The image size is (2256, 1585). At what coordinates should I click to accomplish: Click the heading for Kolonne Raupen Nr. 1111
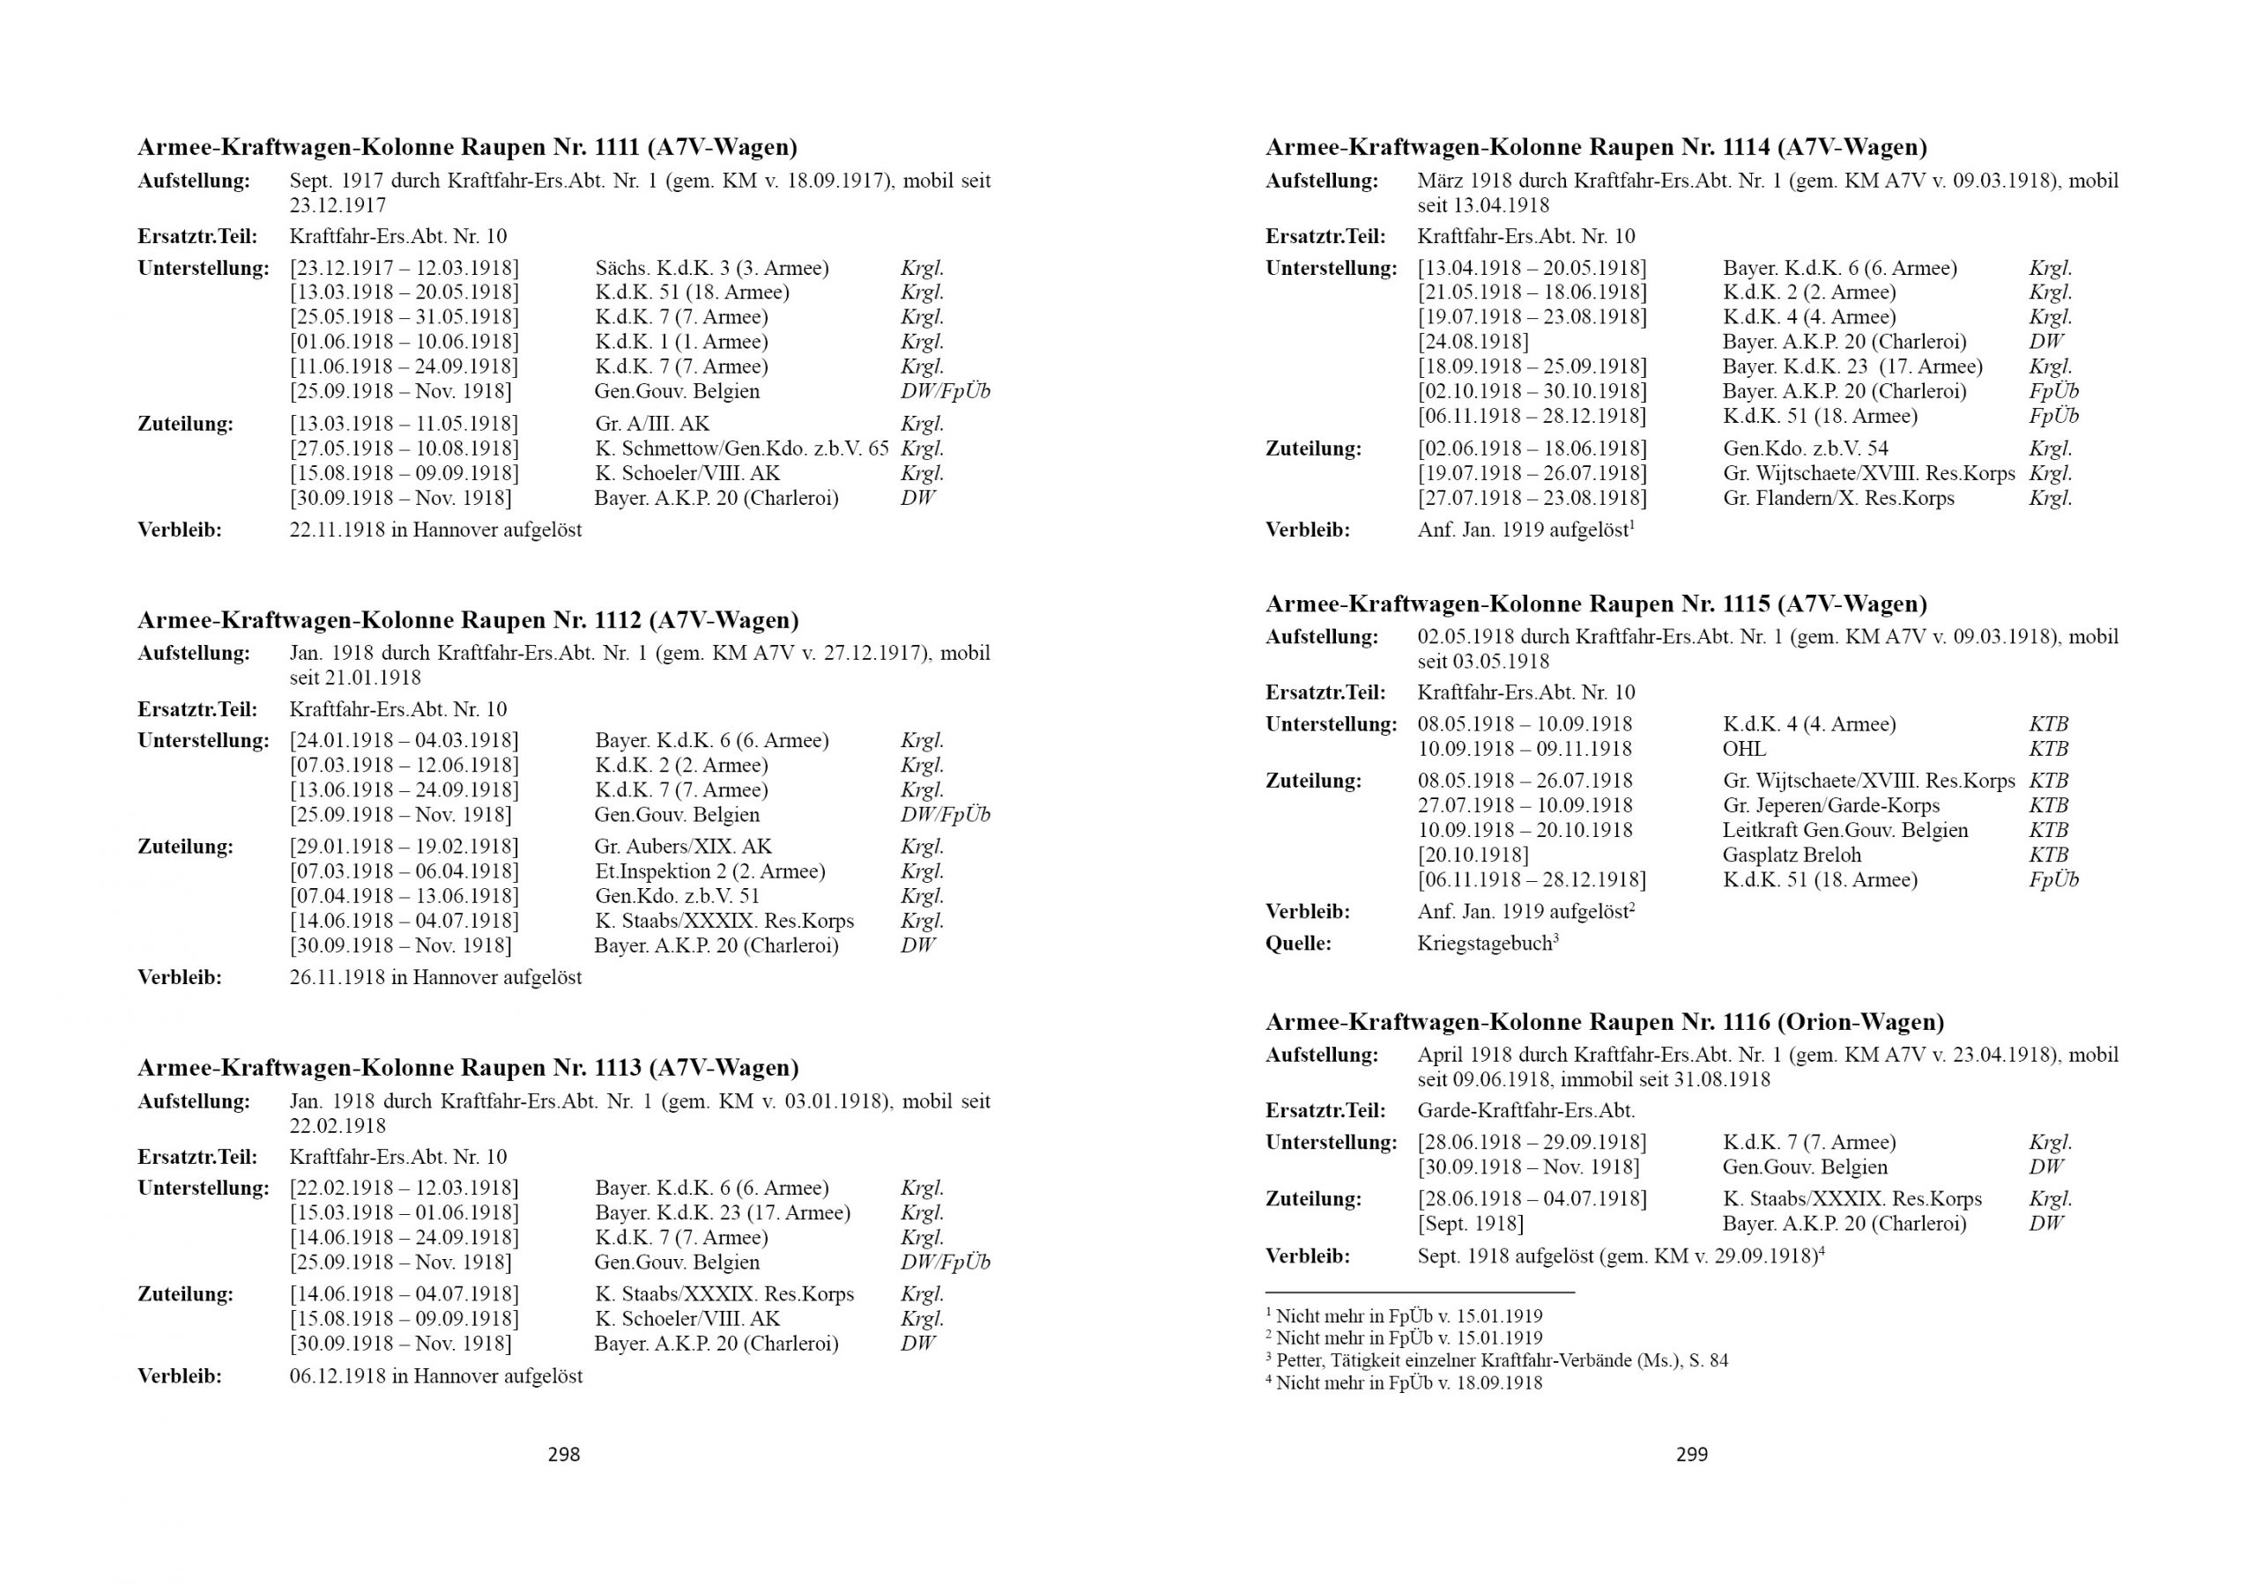(x=467, y=147)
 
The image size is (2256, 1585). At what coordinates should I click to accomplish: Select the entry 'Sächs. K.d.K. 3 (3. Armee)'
(x=711, y=268)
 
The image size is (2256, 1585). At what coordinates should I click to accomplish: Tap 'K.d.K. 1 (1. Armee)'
(x=681, y=342)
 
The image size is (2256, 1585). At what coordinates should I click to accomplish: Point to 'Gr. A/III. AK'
(x=651, y=424)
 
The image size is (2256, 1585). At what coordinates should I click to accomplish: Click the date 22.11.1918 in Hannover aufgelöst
(x=435, y=530)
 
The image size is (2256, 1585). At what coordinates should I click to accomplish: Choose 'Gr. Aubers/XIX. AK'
(x=683, y=846)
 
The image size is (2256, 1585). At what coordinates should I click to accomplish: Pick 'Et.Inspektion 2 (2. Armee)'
(x=709, y=870)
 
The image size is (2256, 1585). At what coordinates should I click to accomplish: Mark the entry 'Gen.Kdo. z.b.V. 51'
(x=677, y=895)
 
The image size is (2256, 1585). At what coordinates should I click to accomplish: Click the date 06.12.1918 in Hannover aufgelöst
(x=435, y=1375)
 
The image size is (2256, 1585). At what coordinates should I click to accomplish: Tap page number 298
(x=564, y=1455)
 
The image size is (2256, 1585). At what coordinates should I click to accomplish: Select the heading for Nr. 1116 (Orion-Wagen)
(x=1605, y=1022)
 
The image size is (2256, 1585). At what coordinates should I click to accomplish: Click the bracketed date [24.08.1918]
(x=1473, y=342)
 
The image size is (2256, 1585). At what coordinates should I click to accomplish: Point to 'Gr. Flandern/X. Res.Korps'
(x=1838, y=498)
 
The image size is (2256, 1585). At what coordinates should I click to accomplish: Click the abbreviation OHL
(x=1744, y=749)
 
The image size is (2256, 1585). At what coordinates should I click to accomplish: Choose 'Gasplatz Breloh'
(x=1792, y=855)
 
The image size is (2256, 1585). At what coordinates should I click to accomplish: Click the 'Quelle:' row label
(x=1298, y=944)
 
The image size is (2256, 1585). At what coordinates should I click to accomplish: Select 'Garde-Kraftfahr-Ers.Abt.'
(x=1526, y=1110)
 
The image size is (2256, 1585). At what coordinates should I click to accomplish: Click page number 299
(x=1692, y=1455)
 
